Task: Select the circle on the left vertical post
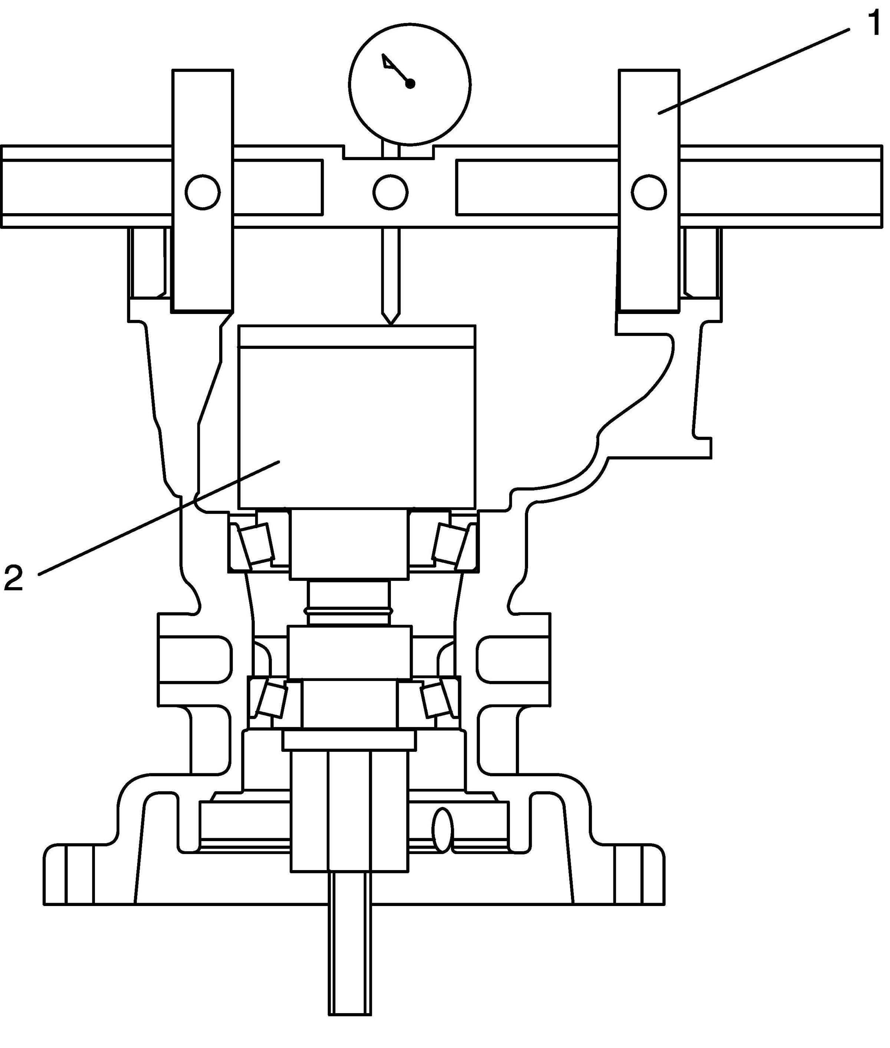click(202, 192)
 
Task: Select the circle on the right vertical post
click(649, 192)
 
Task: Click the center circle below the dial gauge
click(390, 192)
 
